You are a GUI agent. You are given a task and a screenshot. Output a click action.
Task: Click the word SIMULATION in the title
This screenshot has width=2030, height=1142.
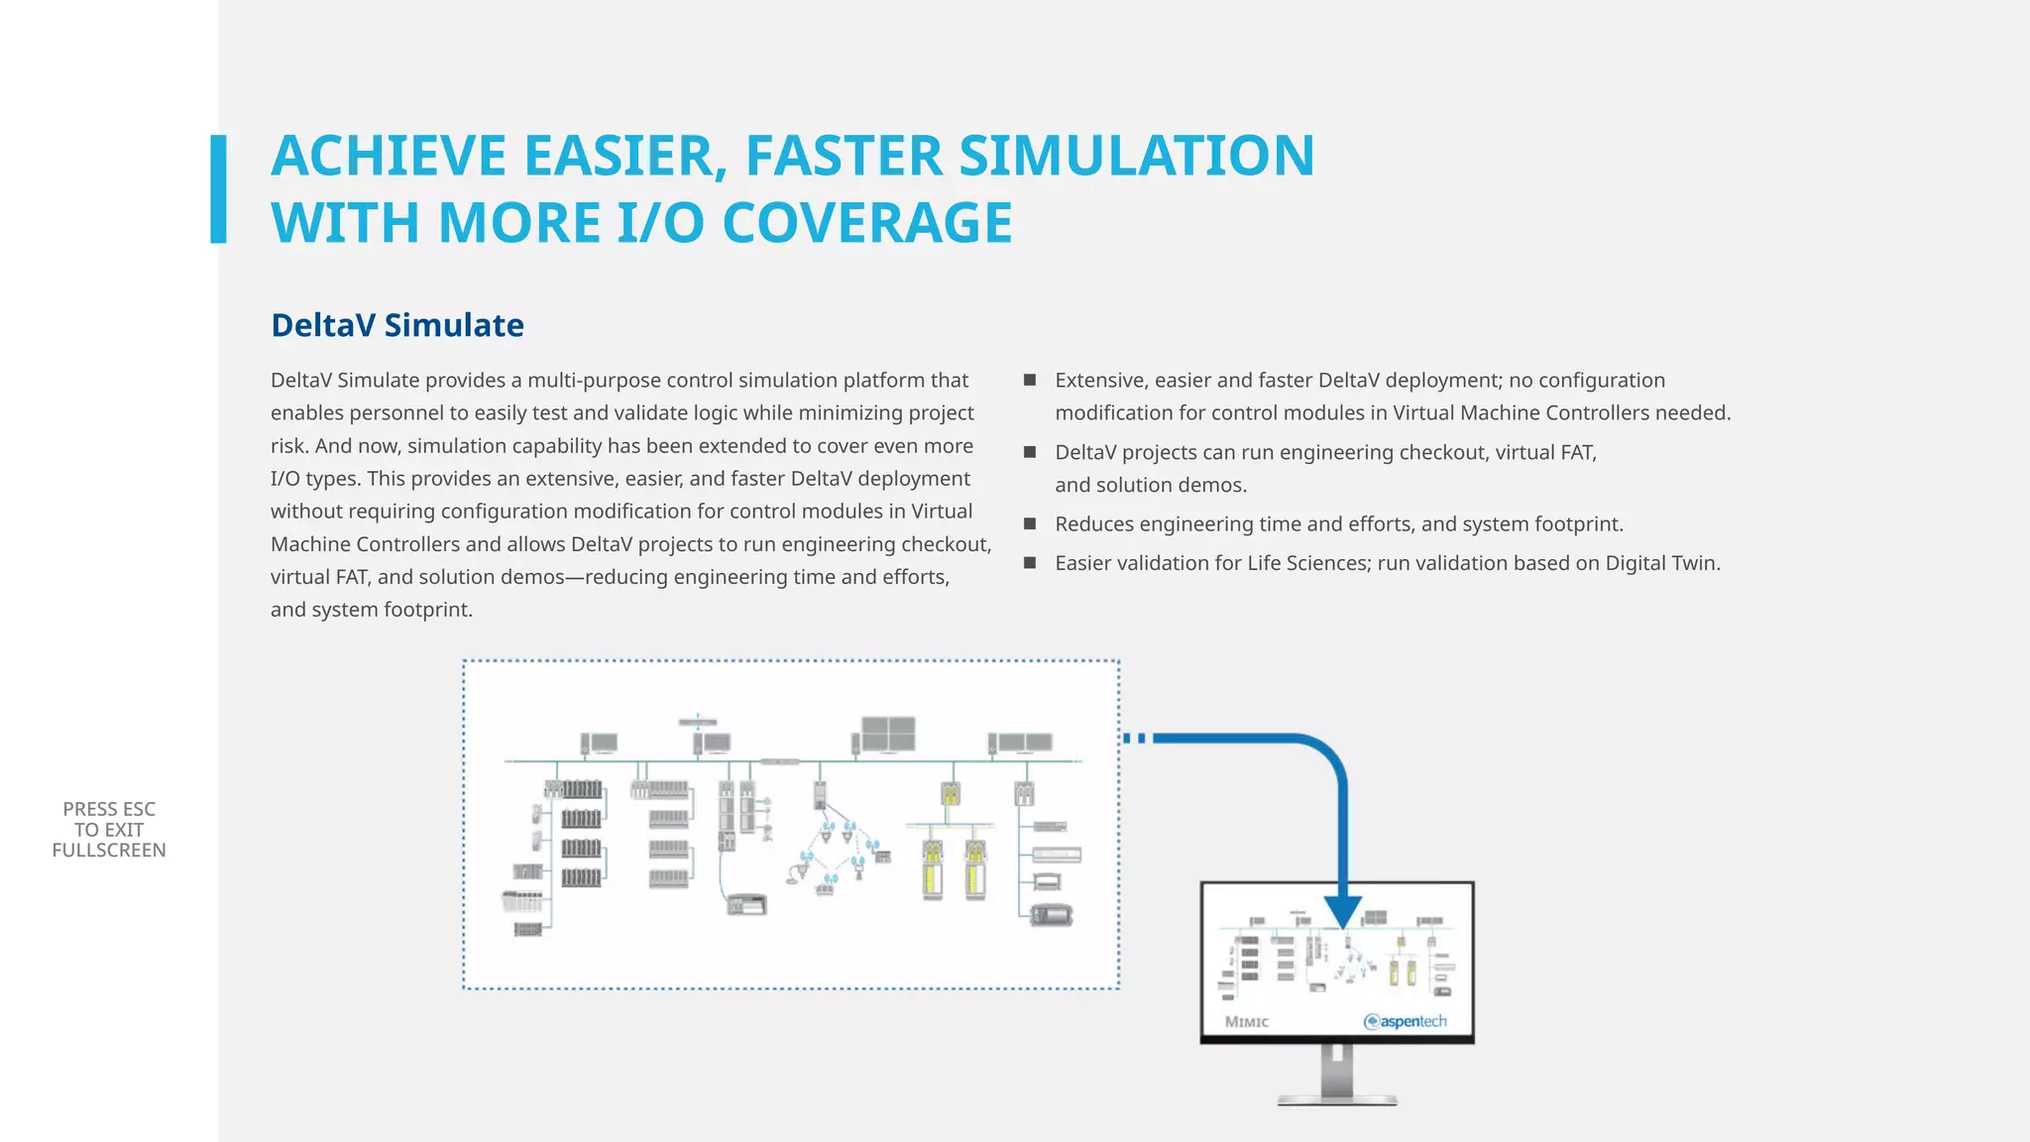pos(1136,156)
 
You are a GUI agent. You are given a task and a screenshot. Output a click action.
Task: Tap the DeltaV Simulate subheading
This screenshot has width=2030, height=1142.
pos(397,325)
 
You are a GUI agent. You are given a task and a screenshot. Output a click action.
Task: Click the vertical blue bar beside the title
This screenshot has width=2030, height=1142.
pos(218,188)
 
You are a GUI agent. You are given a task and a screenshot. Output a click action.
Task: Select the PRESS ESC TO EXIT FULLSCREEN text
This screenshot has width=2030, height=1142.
pos(109,830)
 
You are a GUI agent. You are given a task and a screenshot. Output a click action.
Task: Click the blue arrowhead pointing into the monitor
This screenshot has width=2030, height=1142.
pos(1343,911)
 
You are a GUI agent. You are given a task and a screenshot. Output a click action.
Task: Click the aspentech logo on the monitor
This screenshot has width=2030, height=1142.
pos(1406,1021)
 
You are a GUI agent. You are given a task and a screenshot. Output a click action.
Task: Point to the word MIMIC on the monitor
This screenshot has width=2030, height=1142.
pos(1247,1022)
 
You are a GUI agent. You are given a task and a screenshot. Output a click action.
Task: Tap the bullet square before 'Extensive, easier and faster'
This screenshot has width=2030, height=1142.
pos(1030,380)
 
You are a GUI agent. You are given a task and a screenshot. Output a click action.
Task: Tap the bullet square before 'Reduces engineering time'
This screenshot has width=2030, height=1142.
pos(1030,523)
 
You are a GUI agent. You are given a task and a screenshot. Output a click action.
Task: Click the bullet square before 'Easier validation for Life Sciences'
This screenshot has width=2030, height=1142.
pos(1030,563)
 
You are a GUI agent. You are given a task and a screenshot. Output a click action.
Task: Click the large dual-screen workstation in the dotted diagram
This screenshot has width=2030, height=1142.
pos(887,735)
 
